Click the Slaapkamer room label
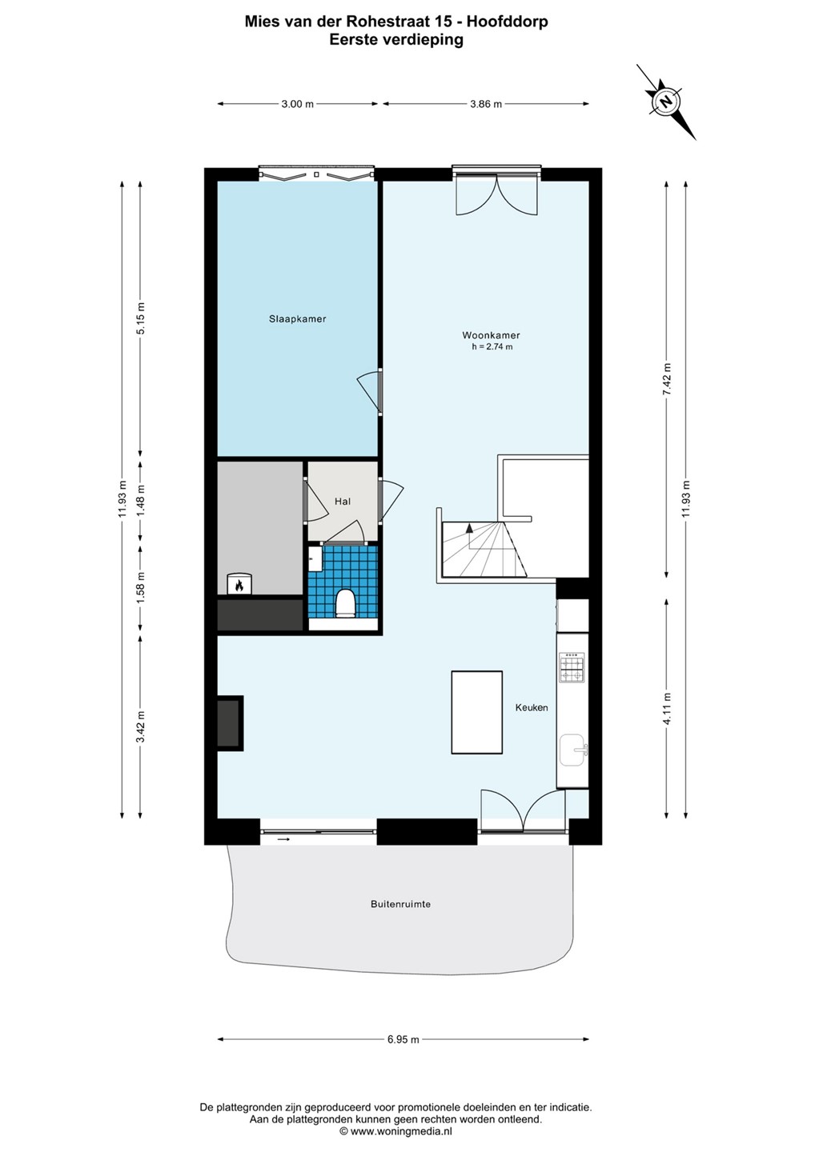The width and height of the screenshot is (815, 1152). [297, 319]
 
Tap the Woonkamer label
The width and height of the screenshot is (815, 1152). [491, 335]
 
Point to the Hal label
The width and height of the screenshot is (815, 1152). [343, 501]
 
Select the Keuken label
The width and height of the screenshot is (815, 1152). [532, 707]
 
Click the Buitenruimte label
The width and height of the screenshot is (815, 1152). [401, 904]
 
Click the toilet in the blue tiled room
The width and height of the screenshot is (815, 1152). [345, 603]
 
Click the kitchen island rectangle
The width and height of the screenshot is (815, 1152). [477, 712]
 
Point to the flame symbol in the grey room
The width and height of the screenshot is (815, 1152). [239, 585]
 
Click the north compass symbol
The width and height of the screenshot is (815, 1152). [666, 102]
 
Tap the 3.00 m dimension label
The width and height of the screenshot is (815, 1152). [297, 104]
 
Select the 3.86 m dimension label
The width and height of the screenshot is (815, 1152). [486, 104]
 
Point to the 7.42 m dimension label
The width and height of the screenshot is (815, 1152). [667, 379]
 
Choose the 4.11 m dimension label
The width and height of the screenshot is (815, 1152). [667, 709]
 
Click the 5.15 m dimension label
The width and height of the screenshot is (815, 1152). [141, 318]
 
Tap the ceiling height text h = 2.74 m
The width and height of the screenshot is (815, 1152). [492, 347]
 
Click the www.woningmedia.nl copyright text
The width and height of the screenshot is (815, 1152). [395, 1131]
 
